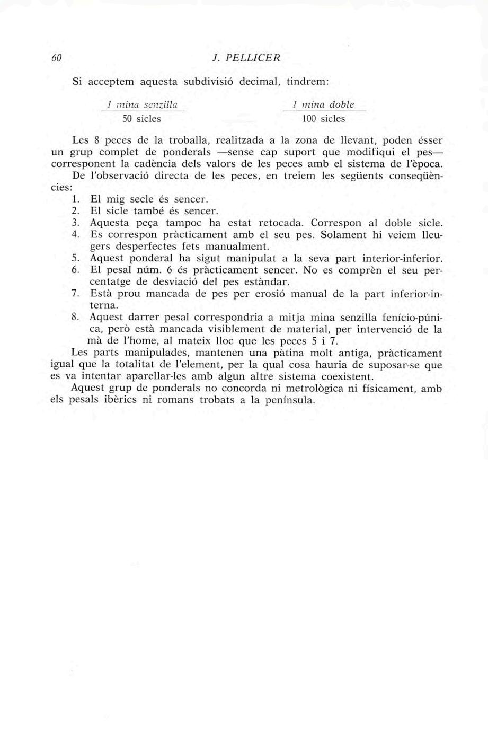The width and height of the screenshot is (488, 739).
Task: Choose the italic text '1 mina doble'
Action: tap(325, 105)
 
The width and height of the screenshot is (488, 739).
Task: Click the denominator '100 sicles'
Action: tap(323, 119)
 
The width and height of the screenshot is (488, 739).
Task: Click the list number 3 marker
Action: tap(75, 223)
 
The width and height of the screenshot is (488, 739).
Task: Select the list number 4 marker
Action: tap(75, 235)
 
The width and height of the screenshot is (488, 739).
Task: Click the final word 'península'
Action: tap(288, 400)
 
